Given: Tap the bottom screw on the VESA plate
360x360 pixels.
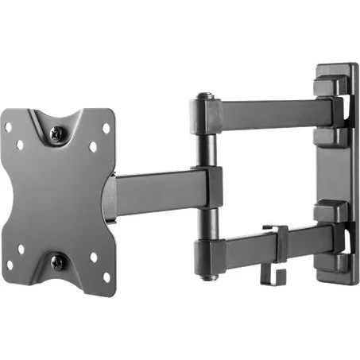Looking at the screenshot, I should (56, 261).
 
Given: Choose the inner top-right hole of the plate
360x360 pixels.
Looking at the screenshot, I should (92, 147).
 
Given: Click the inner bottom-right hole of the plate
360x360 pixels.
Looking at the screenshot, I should (92, 257).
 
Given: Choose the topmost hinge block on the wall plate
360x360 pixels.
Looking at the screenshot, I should (329, 83).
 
